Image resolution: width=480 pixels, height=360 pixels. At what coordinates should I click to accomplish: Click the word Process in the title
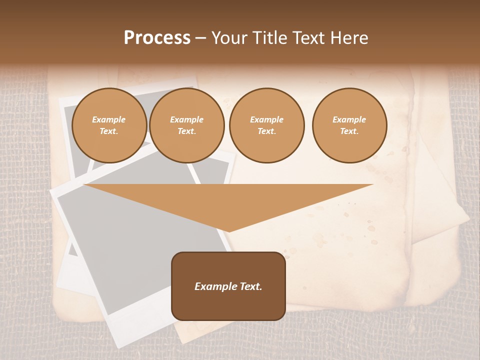coord(157,38)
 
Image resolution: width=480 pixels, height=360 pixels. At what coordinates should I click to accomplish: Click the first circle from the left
coord(109,125)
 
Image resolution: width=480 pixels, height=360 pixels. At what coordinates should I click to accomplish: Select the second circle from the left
coord(187,125)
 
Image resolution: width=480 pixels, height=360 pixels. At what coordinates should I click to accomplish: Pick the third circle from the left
coord(267,125)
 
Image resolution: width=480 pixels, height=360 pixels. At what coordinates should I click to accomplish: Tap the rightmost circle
coord(349,125)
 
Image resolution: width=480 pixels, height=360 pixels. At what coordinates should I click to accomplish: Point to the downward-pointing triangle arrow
coord(228,202)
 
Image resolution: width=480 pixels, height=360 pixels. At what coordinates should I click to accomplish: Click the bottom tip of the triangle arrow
coord(228,230)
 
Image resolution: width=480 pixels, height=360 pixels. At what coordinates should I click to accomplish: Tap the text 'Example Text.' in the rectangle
coord(228,286)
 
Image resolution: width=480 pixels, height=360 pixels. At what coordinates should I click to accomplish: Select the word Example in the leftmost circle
coord(109,119)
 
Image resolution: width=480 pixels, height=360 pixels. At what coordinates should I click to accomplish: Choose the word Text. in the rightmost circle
coord(349,131)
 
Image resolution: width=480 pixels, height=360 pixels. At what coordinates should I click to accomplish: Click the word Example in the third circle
coord(267,119)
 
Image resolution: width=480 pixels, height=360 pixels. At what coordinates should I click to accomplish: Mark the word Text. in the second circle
coord(187,131)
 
